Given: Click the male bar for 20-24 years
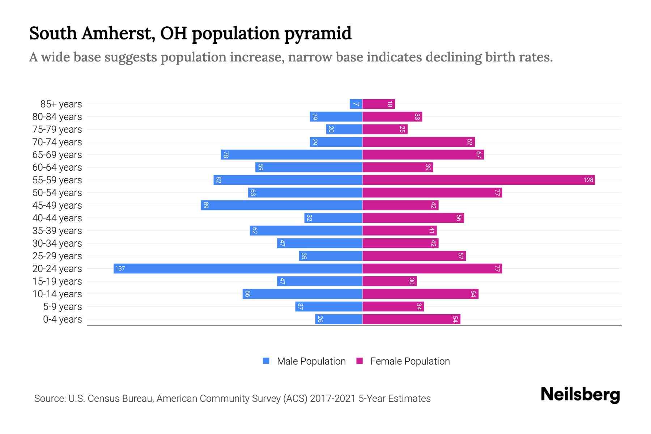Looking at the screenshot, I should pos(238,268).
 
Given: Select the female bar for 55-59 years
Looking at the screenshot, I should pos(478,180).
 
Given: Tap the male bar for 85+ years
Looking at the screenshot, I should pos(356,104).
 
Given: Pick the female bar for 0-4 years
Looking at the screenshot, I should pos(411,319).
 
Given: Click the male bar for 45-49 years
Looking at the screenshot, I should pos(281,205).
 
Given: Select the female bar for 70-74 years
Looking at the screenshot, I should pos(418,142).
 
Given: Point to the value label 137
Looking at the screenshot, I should pos(120,268).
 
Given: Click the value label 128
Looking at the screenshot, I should pos(588,180).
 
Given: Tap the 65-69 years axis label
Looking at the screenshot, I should pos(57,155).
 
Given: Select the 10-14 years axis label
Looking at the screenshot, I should pos(57,294).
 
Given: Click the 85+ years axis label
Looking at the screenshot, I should pos(61,104).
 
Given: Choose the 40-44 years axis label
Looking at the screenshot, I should pos(57,218).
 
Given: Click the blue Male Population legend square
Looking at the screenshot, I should pos(266,361).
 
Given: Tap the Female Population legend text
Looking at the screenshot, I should pos(410,361).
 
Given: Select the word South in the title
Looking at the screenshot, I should pos(53,34).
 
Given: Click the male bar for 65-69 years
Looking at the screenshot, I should pos(292,154).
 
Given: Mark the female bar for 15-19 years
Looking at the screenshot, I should pos(390,281).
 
